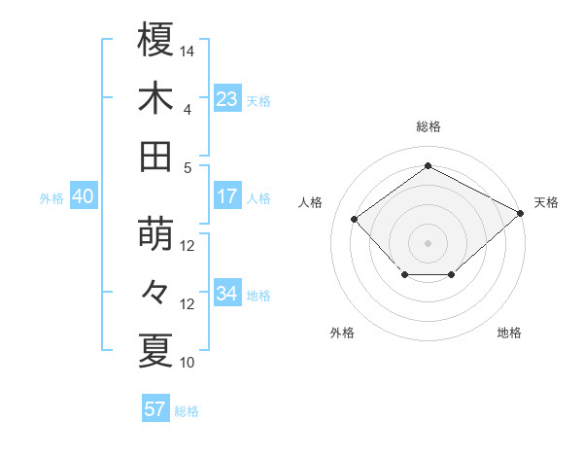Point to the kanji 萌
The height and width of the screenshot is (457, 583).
155,234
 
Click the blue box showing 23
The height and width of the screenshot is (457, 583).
227,98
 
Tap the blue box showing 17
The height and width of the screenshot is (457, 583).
227,196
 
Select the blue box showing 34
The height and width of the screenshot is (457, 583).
227,294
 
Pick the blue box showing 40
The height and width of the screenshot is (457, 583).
83,196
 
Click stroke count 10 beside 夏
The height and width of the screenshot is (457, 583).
188,363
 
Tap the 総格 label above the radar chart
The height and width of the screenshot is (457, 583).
428,126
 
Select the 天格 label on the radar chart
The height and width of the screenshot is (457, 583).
546,202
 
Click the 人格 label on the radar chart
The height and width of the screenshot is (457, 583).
311,202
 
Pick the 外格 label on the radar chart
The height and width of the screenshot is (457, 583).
342,333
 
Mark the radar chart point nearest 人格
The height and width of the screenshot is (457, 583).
355,219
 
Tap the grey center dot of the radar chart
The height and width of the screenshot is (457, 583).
428,242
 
